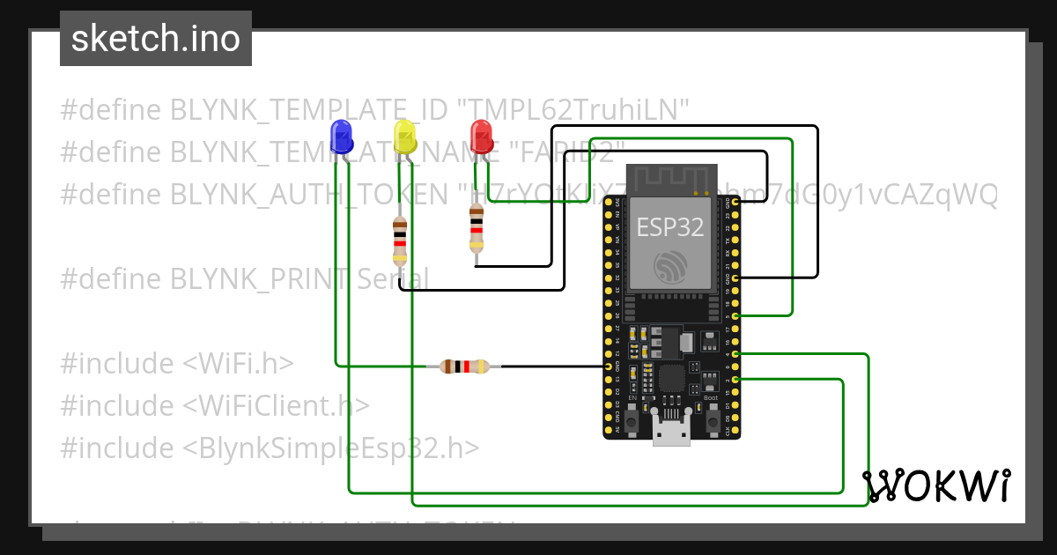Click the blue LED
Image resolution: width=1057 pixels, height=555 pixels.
coord(341,137)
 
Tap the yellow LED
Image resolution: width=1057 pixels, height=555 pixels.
coord(404,137)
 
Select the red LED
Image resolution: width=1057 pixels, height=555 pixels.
coord(481,137)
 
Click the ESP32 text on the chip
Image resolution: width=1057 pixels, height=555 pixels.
coord(671,227)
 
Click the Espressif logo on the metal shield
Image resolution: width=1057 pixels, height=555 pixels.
coord(671,266)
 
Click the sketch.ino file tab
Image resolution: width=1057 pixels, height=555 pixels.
coord(156,39)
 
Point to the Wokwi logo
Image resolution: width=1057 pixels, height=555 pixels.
coord(935,485)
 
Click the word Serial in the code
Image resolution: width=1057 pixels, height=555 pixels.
coord(393,279)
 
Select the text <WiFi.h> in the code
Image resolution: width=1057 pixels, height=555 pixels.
coord(238,364)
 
